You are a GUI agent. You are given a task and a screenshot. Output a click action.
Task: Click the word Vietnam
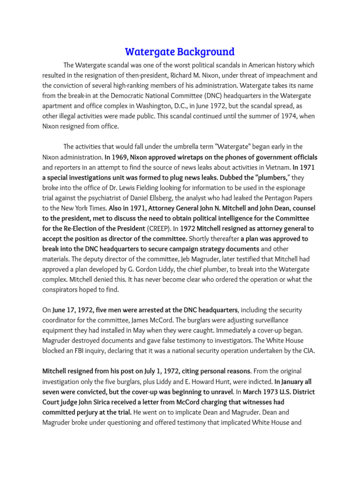(276, 167)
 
